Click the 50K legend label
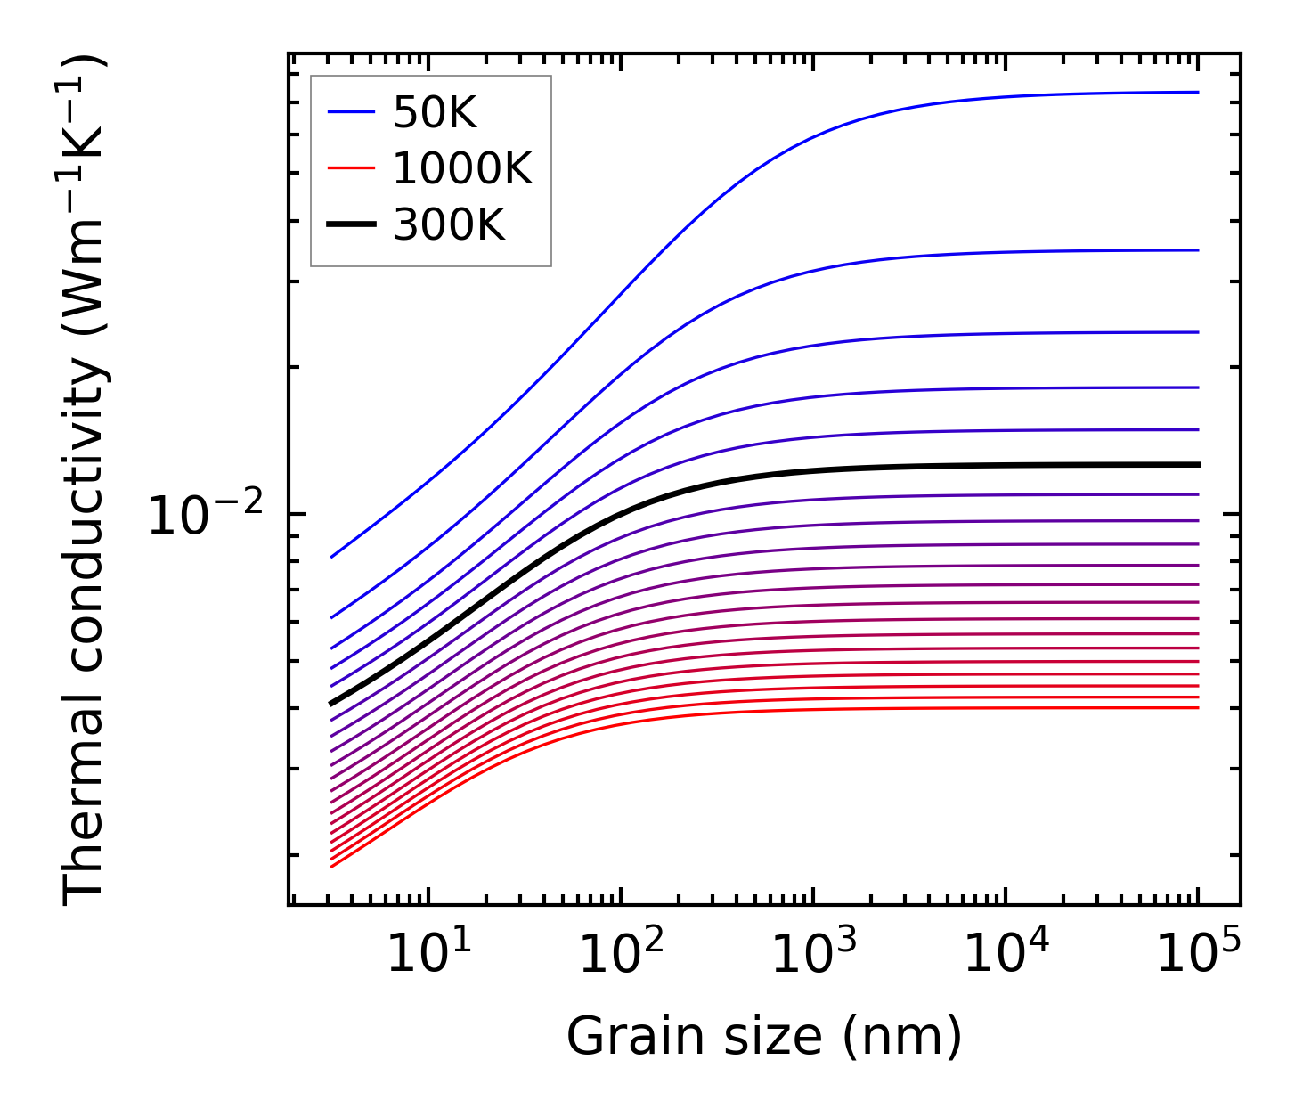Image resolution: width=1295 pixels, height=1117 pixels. tap(435, 113)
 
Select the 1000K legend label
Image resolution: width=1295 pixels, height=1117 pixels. tap(462, 169)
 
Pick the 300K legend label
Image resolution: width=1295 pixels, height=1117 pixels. tap(449, 225)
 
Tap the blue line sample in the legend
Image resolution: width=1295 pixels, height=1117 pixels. tap(351, 112)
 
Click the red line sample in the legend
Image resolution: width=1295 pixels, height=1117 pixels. tap(351, 168)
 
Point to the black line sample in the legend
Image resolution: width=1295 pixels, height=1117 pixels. tap(351, 224)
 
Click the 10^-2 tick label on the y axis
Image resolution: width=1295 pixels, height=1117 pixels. tap(206, 517)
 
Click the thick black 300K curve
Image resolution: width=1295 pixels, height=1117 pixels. tap(891, 466)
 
